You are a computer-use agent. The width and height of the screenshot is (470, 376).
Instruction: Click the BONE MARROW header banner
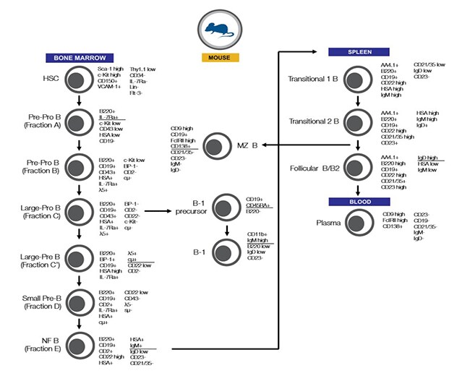coord(76,57)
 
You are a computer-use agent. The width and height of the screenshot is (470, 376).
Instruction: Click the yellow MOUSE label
coord(220,56)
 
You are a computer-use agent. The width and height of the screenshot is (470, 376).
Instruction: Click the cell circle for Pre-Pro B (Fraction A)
coord(76,120)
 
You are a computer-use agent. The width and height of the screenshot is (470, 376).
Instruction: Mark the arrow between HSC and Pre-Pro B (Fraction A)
coord(76,100)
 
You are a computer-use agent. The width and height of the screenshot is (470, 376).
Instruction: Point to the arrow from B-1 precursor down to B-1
coord(226,228)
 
